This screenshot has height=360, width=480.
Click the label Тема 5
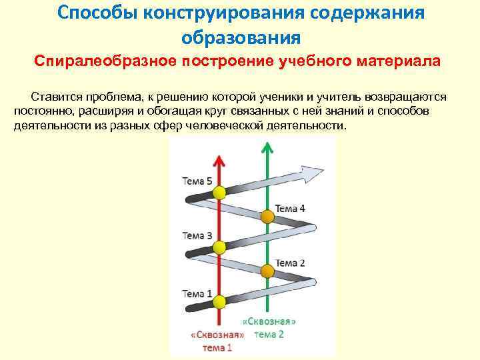[x=197, y=181]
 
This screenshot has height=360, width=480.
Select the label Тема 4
[x=290, y=208]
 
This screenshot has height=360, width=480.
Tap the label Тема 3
[x=197, y=235]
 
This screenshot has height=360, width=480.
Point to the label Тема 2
[x=290, y=263]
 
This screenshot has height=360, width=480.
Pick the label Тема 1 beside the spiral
[x=197, y=293]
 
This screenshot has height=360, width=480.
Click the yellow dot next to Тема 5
[x=219, y=193]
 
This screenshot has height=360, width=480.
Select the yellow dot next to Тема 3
[x=219, y=248]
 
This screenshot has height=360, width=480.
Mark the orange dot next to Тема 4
[x=267, y=217]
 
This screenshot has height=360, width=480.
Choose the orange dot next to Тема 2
[x=267, y=271]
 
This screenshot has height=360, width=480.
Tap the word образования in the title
[x=239, y=36]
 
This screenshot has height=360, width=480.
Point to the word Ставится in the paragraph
[x=57, y=97]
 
